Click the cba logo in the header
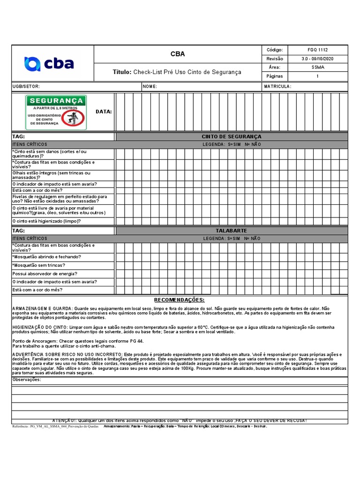click(49, 63)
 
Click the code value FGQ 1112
click(317, 50)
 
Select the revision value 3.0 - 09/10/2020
click(317, 59)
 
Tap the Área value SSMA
click(317, 67)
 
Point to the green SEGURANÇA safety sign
click(56, 112)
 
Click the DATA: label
click(104, 112)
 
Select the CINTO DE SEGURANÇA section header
click(232, 136)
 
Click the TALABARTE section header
click(232, 231)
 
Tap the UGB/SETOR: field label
click(26, 86)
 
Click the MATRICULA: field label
click(277, 86)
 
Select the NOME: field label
click(150, 86)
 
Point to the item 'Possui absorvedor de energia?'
click(45, 273)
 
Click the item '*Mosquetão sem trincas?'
click(38, 265)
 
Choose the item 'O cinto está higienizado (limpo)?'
click(46, 221)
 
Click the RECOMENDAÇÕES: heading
click(180, 300)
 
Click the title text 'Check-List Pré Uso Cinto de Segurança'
click(187, 72)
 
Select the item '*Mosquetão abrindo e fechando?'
click(46, 257)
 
